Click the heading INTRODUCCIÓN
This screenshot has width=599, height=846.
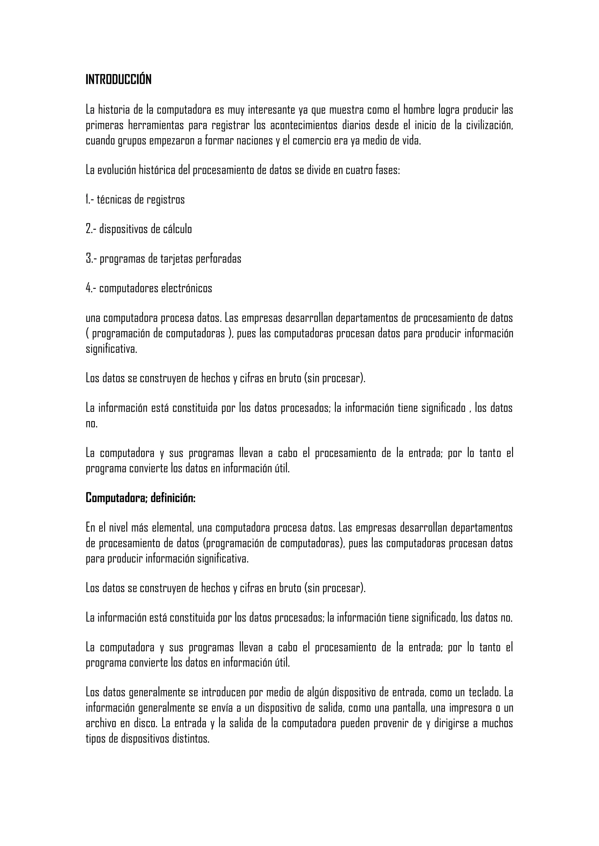(x=118, y=79)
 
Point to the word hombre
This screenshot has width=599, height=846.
(x=418, y=110)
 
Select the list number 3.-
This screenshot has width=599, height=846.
(x=91, y=259)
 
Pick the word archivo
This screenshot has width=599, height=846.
(x=100, y=723)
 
